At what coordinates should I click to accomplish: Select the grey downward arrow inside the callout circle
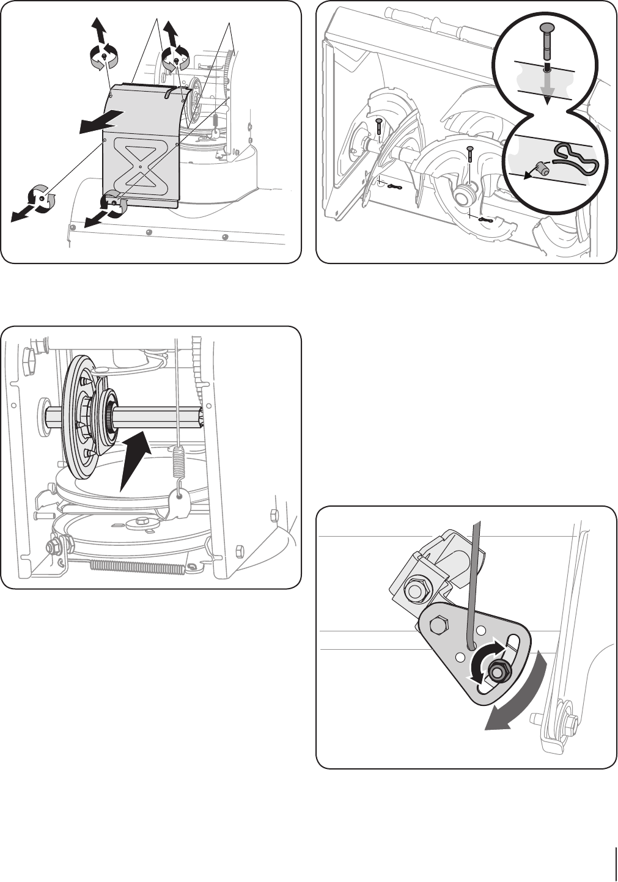point(548,86)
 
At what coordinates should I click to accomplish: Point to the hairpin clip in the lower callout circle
point(575,160)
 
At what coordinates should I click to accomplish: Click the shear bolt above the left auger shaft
point(379,127)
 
